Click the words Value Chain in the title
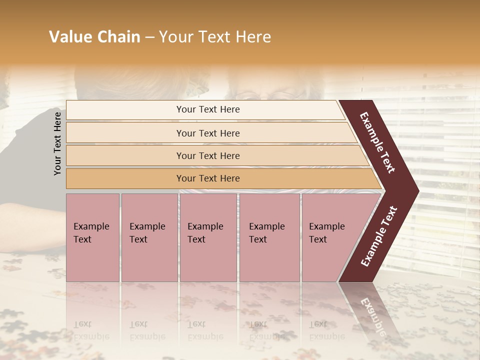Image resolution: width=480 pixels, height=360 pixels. tap(94, 37)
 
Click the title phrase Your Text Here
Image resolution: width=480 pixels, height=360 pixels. tap(215, 37)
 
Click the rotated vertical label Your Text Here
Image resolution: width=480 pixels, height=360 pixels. tap(58, 143)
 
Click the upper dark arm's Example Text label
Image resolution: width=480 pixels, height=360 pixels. tap(377, 142)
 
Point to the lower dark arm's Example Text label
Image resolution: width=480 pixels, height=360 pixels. tap(379, 236)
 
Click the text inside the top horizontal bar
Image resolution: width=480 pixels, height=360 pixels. tap(208, 109)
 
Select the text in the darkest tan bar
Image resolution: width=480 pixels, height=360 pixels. tap(208, 178)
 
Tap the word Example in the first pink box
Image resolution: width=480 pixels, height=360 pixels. tap(91, 226)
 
